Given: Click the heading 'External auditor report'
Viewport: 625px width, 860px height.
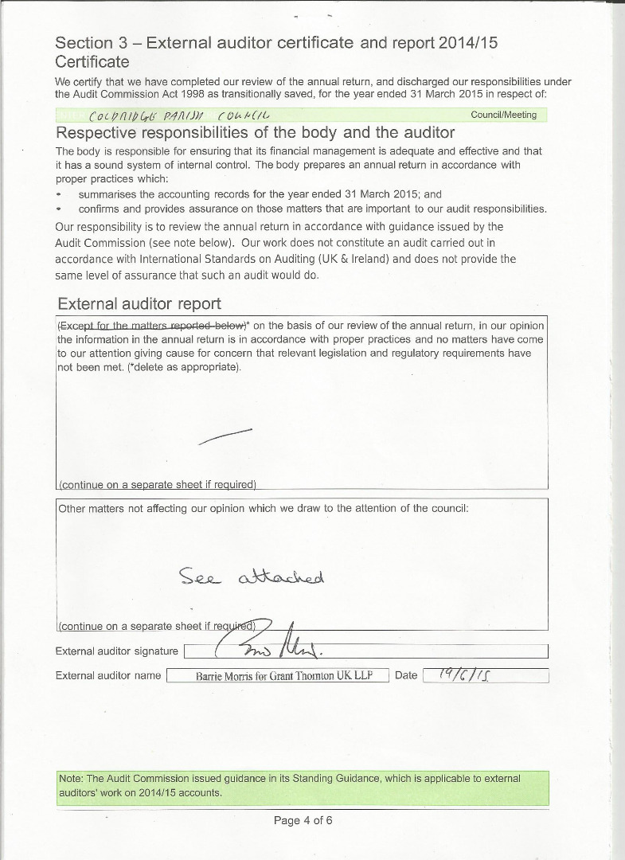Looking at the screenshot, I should pyautogui.click(x=139, y=303).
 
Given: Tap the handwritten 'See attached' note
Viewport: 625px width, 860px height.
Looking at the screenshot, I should pyautogui.click(x=252, y=577).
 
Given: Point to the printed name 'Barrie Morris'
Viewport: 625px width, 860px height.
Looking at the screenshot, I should pyautogui.click(x=225, y=676).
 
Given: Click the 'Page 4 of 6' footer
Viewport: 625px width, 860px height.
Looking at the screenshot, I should pyautogui.click(x=303, y=820).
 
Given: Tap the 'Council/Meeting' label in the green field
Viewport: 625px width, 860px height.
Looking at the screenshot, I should pyautogui.click(x=503, y=115).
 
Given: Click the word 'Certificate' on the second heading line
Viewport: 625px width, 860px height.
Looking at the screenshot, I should pyautogui.click(x=92, y=61).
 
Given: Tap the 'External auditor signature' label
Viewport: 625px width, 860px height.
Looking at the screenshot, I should pyautogui.click(x=117, y=651).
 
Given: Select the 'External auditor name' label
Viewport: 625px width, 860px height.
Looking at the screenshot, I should pyautogui.click(x=108, y=675).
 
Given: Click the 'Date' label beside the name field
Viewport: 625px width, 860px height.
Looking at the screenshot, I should pyautogui.click(x=406, y=675).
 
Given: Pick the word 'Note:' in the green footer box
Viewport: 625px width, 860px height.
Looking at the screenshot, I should pyautogui.click(x=71, y=778).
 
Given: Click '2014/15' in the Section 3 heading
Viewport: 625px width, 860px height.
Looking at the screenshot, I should pyautogui.click(x=468, y=43).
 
